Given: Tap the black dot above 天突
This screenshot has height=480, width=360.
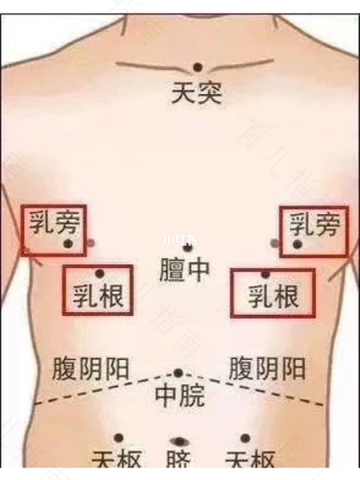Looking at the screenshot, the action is click(x=198, y=67).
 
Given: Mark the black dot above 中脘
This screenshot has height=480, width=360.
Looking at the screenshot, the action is click(x=178, y=372).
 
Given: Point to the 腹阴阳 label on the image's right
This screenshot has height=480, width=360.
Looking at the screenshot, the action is click(x=269, y=368).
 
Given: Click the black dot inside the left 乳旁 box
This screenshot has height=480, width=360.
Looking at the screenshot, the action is click(x=68, y=244).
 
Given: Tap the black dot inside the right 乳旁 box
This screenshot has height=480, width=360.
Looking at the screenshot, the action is click(x=298, y=246).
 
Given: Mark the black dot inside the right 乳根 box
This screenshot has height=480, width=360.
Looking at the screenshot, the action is click(x=266, y=275).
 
